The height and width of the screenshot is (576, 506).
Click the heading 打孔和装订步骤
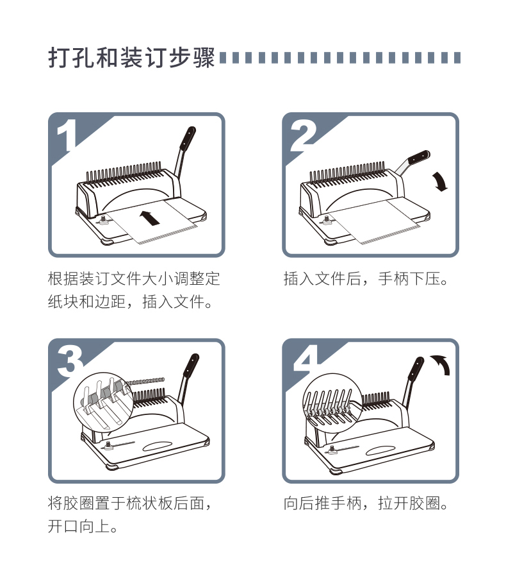pos(131,58)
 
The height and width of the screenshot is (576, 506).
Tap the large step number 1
pos(67,135)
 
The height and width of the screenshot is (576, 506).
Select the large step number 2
pos(303,135)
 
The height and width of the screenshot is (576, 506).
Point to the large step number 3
pos(70,361)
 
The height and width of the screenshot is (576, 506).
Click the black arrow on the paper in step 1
pos(149,218)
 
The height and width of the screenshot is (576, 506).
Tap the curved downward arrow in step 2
pos(439,181)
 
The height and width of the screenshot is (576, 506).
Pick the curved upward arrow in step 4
pos(442,364)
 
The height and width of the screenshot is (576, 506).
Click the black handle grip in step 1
pos(188,139)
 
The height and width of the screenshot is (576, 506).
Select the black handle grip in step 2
pos(419,157)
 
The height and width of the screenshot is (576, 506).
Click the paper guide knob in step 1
pos(103,219)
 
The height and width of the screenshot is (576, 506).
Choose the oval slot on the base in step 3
pos(157,446)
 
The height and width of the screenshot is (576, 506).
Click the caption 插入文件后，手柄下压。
pos(366,279)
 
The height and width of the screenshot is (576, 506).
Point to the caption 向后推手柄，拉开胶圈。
pos(366,504)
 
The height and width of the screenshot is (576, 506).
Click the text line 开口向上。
pos(83,527)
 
